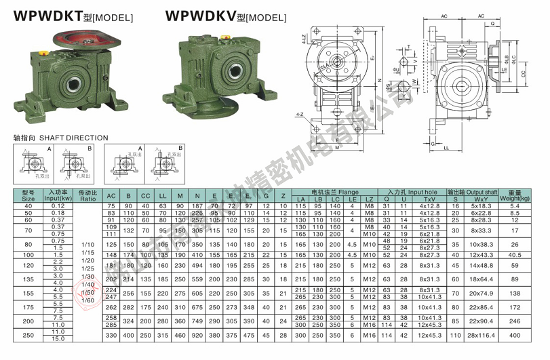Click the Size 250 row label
[x=27, y=335]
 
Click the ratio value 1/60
[x=87, y=299]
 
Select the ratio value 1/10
[x=87, y=243]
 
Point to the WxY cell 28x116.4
[x=482, y=335]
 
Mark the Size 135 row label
[x=27, y=278]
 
